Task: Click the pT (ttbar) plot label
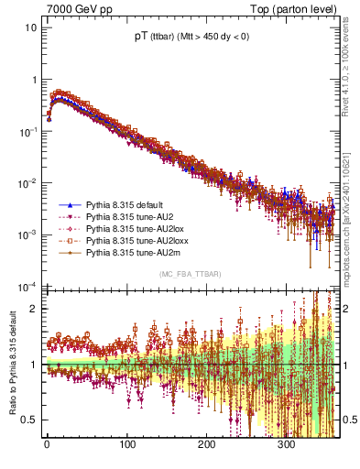(192, 38)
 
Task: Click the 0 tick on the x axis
(47, 446)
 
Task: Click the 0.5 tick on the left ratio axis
(31, 420)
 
